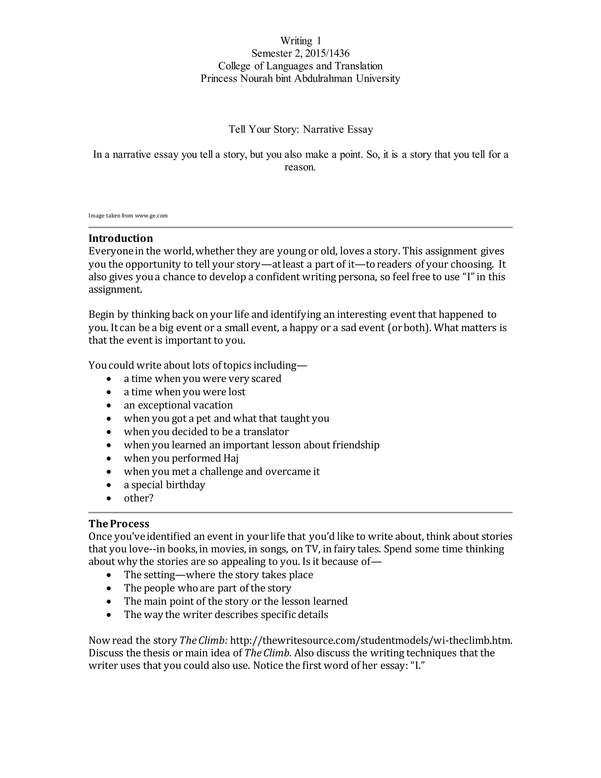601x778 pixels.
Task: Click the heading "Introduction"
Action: click(121, 238)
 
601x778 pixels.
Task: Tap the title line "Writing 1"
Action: click(300, 41)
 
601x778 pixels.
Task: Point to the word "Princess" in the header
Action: click(219, 78)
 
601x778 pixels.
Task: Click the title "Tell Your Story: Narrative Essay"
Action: click(300, 129)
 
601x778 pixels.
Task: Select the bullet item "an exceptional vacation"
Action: click(178, 405)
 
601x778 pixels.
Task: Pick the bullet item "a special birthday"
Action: click(165, 485)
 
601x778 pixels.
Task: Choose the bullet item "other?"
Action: click(139, 498)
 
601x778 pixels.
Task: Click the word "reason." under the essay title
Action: click(300, 167)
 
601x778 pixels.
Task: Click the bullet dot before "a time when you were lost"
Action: click(109, 392)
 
